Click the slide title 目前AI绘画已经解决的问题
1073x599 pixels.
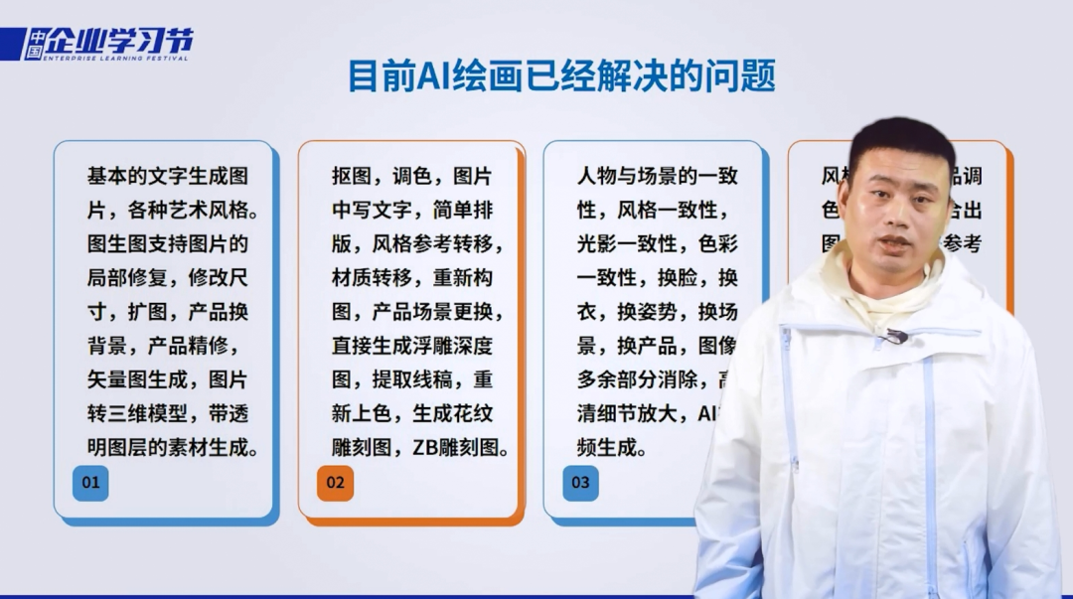pos(561,75)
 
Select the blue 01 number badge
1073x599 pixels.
pos(90,483)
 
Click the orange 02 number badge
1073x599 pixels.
pos(335,483)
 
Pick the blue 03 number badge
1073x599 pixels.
pos(580,483)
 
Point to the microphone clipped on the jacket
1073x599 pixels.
pos(896,336)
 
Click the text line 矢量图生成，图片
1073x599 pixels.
pos(167,379)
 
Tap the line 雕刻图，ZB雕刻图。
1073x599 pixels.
pos(420,447)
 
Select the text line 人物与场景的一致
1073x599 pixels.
pos(657,177)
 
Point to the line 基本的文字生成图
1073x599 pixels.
pos(167,177)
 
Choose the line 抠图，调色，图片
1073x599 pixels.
pos(412,177)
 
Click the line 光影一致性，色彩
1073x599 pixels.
pos(657,244)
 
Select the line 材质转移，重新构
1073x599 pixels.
pos(412,278)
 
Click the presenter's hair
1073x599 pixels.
pos(900,138)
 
